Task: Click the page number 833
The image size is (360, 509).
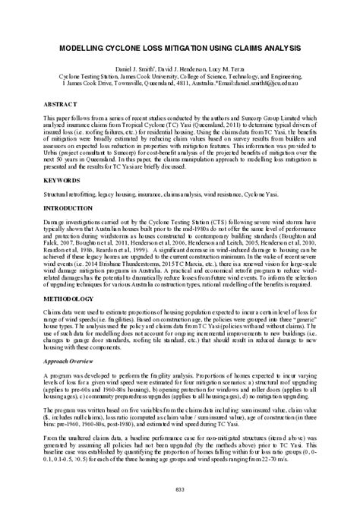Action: pos(180,488)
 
